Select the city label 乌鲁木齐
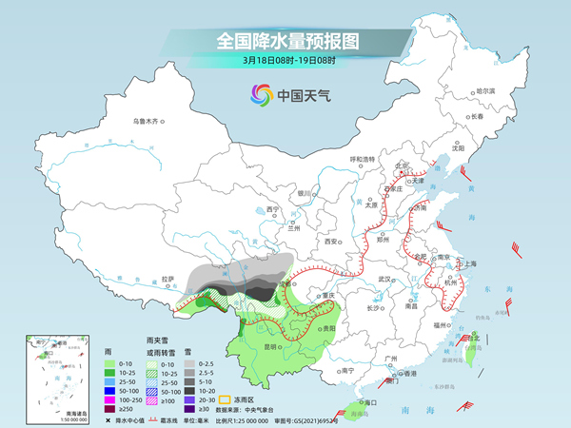click(149, 123)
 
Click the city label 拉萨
click(168, 279)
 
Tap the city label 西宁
click(273, 209)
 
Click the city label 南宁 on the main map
click(347, 370)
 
